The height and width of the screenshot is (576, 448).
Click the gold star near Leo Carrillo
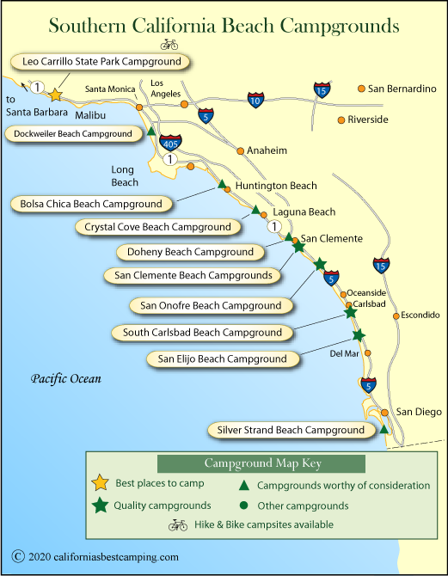pyautogui.click(x=56, y=95)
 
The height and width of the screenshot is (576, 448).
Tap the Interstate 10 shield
pyautogui.click(x=255, y=100)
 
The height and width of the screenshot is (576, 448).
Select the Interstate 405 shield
pyautogui.click(x=170, y=143)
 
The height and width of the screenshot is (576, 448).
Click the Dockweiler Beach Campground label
pyautogui.click(x=73, y=134)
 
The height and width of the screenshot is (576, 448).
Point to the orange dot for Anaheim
pyautogui.click(x=241, y=151)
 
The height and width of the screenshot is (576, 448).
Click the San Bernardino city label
pyautogui.click(x=402, y=89)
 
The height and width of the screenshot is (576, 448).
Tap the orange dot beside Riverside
pyautogui.click(x=341, y=120)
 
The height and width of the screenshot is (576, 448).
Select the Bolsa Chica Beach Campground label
pyautogui.click(x=91, y=204)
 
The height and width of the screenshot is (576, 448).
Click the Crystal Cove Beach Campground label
pyautogui.click(x=157, y=227)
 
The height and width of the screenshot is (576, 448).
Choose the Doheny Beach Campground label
pyautogui.click(x=190, y=252)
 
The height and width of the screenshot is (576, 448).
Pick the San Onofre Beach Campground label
pyautogui.click(x=211, y=306)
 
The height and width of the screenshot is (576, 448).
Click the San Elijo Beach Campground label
pyautogui.click(x=223, y=358)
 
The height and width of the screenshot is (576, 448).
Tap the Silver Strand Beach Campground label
pyautogui.click(x=291, y=430)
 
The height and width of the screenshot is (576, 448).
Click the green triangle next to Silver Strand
pyautogui.click(x=384, y=429)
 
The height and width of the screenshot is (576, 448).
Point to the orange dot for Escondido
pyautogui.click(x=396, y=316)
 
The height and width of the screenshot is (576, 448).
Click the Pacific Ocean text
pyautogui.click(x=66, y=379)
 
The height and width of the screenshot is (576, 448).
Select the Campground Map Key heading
pyautogui.click(x=263, y=463)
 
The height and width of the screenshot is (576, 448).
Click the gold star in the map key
pyautogui.click(x=100, y=482)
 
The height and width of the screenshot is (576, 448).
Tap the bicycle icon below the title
pyautogui.click(x=169, y=45)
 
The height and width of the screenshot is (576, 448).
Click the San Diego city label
pyautogui.click(x=419, y=412)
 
